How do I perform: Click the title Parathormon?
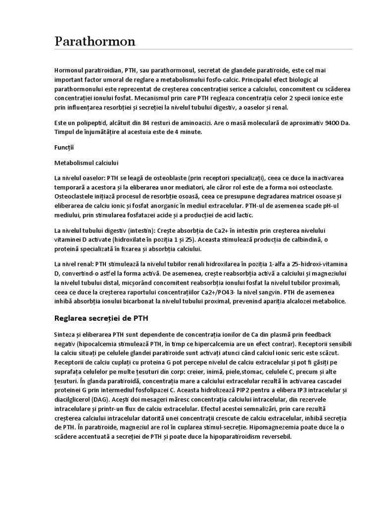(95, 42)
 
